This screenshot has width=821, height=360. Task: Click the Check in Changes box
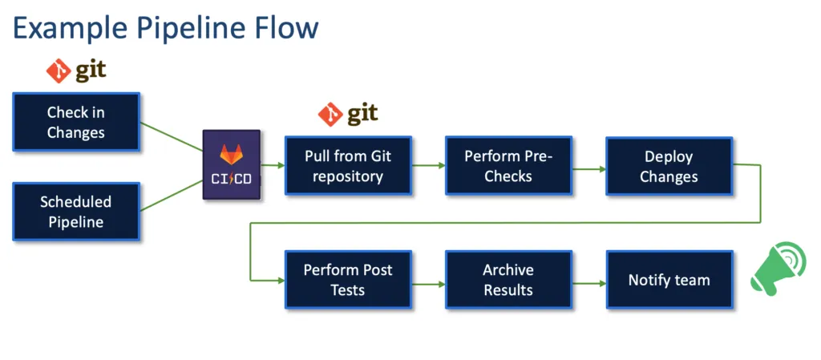tap(76, 122)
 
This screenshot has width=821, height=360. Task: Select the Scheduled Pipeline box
tap(76, 212)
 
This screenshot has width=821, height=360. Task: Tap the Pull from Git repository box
tap(348, 166)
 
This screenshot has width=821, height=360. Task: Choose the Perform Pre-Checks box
tap(508, 166)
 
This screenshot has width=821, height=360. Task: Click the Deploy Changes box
tap(669, 166)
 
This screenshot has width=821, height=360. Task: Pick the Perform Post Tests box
tap(348, 280)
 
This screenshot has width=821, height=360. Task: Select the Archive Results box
tap(508, 280)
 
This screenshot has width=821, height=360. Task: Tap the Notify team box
tap(669, 280)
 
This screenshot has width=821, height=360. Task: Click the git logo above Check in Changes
tap(76, 71)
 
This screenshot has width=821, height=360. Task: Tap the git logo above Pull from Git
tap(348, 115)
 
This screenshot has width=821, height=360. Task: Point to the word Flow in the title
tap(288, 29)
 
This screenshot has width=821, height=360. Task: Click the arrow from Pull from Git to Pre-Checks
tap(428, 166)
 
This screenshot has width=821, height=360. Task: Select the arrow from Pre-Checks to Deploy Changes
tap(588, 169)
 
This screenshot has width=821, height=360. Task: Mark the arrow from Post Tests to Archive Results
tap(428, 283)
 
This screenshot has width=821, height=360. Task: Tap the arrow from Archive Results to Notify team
tap(588, 283)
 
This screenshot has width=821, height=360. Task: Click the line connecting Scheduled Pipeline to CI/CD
tap(172, 196)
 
